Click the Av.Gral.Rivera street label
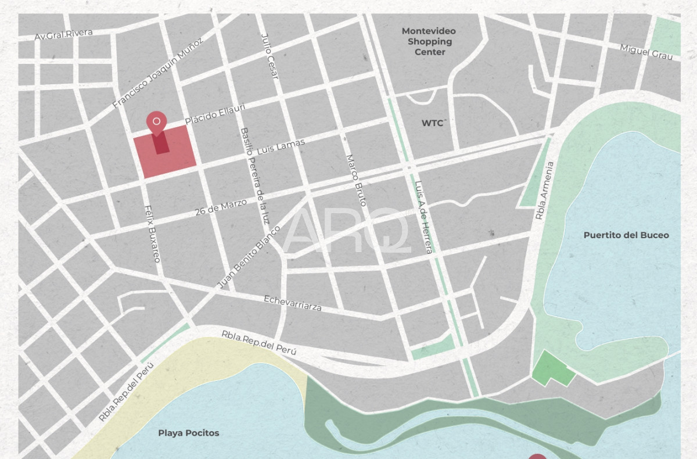pos(63,34)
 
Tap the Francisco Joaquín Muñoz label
pos(157,73)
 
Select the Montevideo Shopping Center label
pos(429,41)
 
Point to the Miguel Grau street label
pos(646,51)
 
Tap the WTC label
pos(432,123)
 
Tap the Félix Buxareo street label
pos(152,233)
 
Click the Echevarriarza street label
pos(292,303)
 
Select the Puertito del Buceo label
pos(626,235)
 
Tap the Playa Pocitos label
pos(188,433)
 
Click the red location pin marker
pos(156,123)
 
